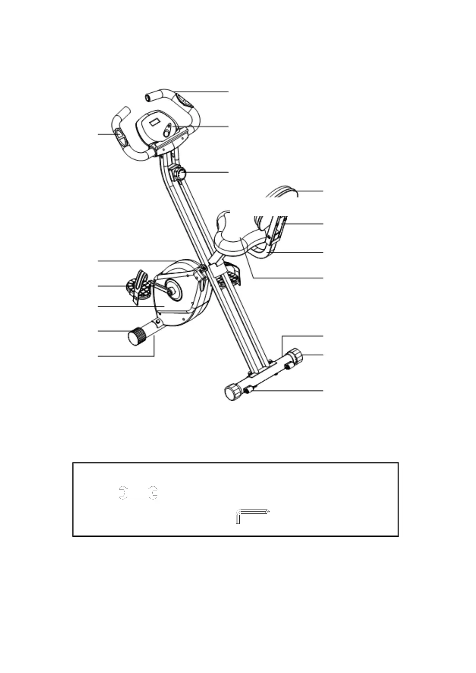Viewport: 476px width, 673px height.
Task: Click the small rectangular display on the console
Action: click(154, 121)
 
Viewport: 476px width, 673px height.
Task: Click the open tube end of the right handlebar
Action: click(148, 97)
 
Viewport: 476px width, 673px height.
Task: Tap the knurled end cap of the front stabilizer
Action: click(137, 337)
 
